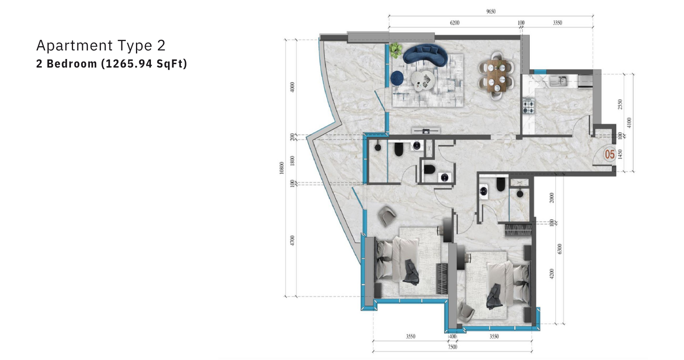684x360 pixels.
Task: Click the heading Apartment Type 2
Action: pos(101,45)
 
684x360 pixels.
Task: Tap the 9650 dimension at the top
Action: pos(491,12)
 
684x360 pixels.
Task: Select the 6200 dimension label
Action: pos(454,23)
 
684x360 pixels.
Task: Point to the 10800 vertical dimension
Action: pos(282,168)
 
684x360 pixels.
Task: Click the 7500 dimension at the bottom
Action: pos(452,347)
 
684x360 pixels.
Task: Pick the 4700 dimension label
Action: pos(292,241)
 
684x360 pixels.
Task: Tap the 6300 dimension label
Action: pos(560,249)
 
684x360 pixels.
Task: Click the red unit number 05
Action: pos(610,154)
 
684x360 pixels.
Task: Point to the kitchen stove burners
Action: pos(528,106)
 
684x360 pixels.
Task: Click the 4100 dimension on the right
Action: pos(628,123)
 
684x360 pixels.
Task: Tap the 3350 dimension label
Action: pos(557,23)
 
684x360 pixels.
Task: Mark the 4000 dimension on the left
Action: pos(292,87)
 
